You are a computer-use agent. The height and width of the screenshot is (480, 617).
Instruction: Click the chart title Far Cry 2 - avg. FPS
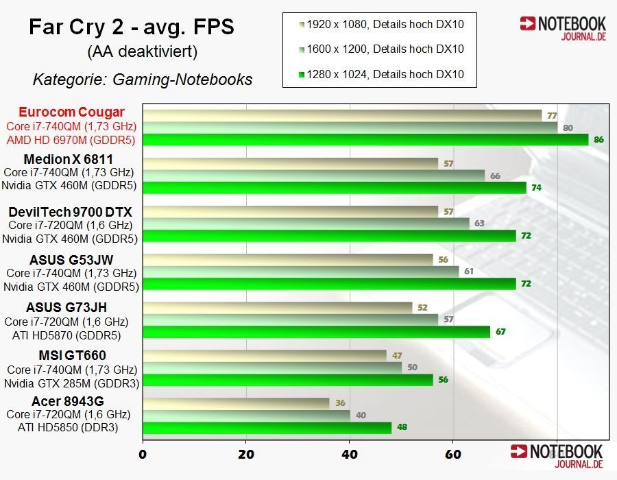[132, 27]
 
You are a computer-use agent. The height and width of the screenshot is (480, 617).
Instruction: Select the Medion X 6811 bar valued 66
[313, 176]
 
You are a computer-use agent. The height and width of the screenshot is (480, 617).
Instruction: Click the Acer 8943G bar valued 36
[236, 403]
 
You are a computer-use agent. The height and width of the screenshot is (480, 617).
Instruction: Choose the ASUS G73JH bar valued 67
[316, 332]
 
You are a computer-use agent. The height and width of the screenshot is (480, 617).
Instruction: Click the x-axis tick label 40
[350, 453]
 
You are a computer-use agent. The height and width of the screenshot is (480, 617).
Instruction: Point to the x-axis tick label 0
[143, 453]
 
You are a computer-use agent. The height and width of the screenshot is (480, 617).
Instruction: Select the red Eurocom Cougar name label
[72, 112]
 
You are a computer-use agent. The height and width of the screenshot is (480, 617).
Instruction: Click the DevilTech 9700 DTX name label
[71, 212]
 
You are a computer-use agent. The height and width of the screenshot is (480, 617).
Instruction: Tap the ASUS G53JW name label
[71, 260]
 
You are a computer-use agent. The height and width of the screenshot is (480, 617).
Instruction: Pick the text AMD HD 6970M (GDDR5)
[71, 140]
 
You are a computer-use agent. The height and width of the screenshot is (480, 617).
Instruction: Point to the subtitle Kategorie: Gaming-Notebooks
[143, 80]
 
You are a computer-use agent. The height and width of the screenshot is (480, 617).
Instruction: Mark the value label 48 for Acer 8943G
[402, 427]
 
